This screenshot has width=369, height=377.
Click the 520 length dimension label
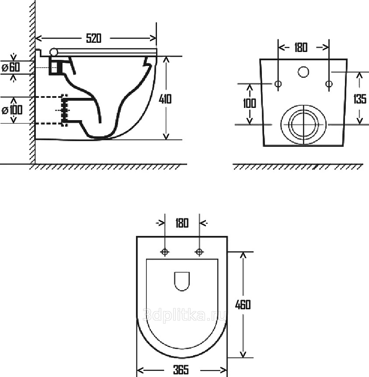(93, 38)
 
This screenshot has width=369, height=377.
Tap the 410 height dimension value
(165, 99)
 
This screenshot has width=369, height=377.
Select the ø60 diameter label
(11, 67)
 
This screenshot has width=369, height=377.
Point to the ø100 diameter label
(12, 110)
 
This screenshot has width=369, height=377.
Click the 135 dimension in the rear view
(359, 99)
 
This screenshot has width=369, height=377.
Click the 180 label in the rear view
(301, 47)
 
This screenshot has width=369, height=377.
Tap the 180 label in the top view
(182, 223)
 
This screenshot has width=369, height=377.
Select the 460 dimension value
(243, 304)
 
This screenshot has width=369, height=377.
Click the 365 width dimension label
(180, 370)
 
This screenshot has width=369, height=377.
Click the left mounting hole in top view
(165, 252)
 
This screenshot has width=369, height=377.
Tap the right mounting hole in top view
(199, 252)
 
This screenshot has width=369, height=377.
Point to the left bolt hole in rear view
(278, 83)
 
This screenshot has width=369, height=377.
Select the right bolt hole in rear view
(329, 83)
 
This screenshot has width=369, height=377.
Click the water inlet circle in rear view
(303, 72)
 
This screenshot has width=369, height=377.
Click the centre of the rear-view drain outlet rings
(303, 124)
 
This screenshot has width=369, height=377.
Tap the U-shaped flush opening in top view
(181, 281)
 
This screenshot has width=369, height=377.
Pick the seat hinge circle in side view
(54, 52)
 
